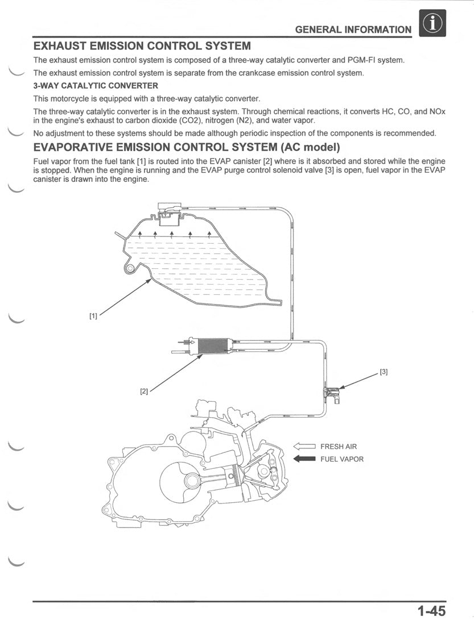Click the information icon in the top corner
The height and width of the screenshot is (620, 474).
(431, 24)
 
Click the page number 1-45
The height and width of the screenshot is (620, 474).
(431, 611)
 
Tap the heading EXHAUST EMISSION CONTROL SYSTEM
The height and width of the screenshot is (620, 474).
(142, 46)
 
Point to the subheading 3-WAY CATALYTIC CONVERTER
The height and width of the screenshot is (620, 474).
(96, 86)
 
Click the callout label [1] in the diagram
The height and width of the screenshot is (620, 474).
(93, 316)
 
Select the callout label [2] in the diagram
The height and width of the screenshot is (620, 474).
(144, 391)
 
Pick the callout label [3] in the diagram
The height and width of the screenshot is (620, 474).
(384, 372)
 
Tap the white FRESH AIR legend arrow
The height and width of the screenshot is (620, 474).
(304, 447)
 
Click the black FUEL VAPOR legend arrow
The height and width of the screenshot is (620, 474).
(304, 459)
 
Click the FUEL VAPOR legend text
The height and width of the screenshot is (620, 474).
(341, 459)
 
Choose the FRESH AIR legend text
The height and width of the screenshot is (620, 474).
(339, 447)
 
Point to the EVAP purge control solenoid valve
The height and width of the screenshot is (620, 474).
(332, 393)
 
